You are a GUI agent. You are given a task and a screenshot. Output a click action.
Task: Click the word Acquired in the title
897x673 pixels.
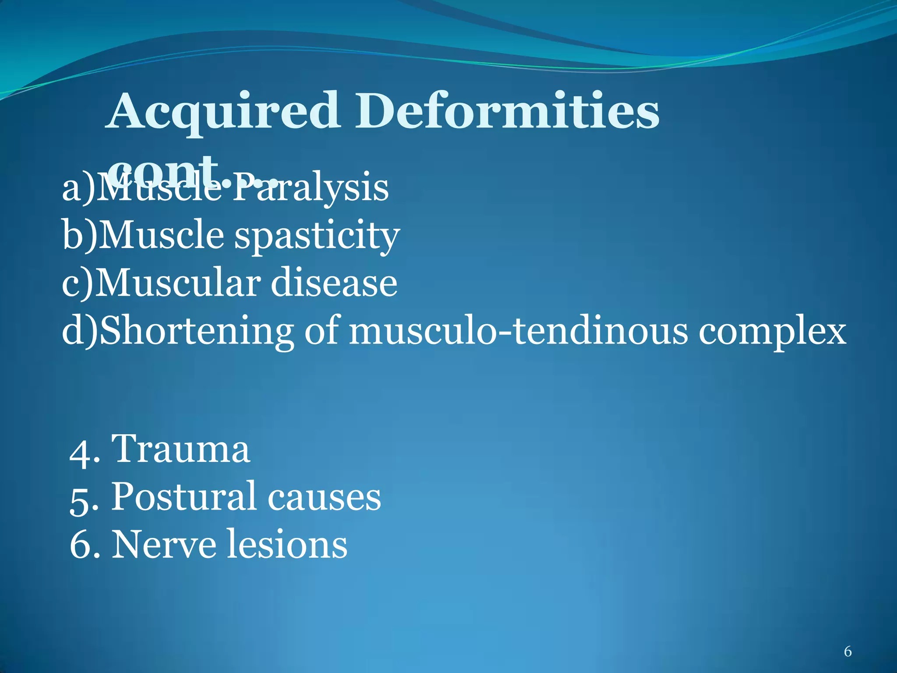[x=223, y=112]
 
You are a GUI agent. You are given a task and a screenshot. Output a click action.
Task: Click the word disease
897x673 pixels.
[x=334, y=283]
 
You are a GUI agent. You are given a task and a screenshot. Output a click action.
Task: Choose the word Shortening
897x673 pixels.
[x=196, y=332]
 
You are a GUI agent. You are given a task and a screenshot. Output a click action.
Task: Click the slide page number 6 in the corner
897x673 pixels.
[x=848, y=652]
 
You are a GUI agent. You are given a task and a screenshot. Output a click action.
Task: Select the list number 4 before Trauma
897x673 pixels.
[x=80, y=451]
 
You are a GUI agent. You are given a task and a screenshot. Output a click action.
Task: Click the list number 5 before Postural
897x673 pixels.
[x=80, y=499]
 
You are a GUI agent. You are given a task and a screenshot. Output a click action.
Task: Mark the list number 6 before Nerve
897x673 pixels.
[x=80, y=545]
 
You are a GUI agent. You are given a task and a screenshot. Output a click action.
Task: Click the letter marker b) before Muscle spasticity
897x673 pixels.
[x=79, y=236]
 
